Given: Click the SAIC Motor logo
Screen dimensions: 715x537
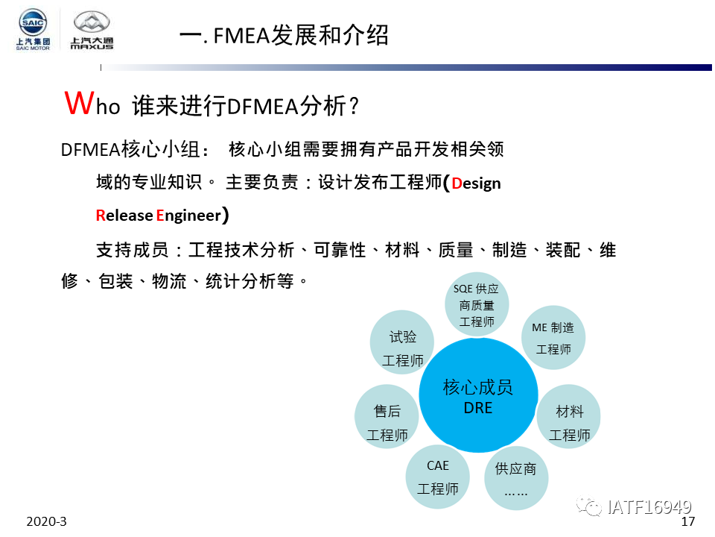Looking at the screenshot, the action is click(33, 29).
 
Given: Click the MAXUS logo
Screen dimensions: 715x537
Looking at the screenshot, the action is click(92, 30).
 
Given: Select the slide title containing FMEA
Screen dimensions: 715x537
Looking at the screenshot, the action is click(284, 35).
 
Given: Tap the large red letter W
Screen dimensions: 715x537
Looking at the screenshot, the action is click(80, 103).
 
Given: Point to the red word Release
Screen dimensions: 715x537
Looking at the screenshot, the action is click(124, 215).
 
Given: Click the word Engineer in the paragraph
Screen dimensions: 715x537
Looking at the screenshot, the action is click(188, 215).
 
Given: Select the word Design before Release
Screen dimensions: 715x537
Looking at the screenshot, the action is click(476, 183).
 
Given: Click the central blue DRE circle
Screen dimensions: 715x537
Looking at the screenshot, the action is click(478, 395).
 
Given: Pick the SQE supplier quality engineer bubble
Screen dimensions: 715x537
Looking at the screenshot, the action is click(477, 304).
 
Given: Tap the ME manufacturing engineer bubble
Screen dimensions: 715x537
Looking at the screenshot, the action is click(553, 338).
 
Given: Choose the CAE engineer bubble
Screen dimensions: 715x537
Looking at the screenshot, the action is click(438, 477).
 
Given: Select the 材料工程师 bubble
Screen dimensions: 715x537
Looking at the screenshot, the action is click(569, 416).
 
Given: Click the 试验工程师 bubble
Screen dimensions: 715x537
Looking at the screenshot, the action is click(402, 342).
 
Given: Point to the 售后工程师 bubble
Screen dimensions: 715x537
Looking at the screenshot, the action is click(387, 416).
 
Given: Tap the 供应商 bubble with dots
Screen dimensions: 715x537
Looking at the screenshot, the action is click(516, 478).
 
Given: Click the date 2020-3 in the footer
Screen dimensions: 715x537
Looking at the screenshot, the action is click(46, 521).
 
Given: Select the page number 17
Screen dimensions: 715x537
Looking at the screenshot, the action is click(687, 522).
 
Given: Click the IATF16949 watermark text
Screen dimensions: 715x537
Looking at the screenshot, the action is click(649, 507).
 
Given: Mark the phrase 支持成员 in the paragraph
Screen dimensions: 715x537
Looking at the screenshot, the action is click(133, 251).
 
